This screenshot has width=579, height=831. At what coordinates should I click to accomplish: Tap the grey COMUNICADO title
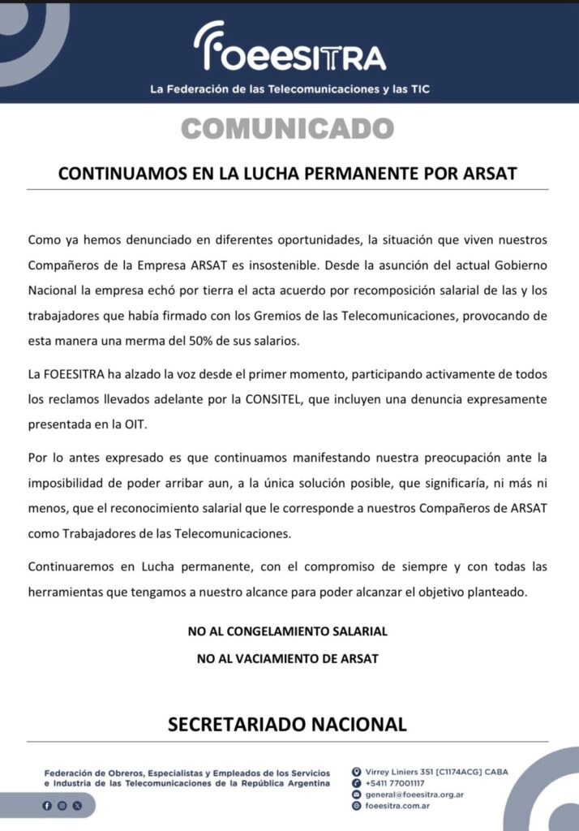(288, 128)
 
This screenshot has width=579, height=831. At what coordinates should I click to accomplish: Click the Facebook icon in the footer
(46, 806)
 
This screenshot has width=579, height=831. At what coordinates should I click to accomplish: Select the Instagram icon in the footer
(62, 806)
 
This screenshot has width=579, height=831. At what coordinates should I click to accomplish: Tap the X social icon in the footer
(77, 806)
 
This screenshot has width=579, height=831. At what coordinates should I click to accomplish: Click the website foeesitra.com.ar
(397, 806)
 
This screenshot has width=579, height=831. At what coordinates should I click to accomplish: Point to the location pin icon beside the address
(356, 772)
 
